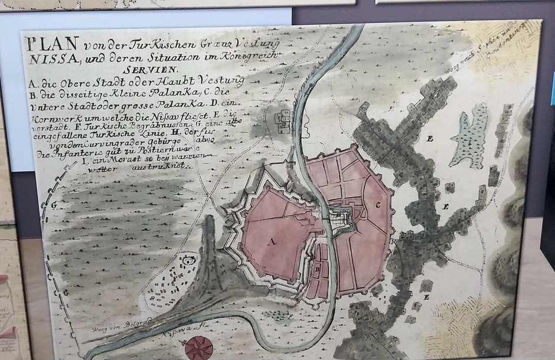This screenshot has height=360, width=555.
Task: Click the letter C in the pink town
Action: [x=377, y=205]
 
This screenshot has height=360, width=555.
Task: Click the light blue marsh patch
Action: [x=470, y=144]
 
